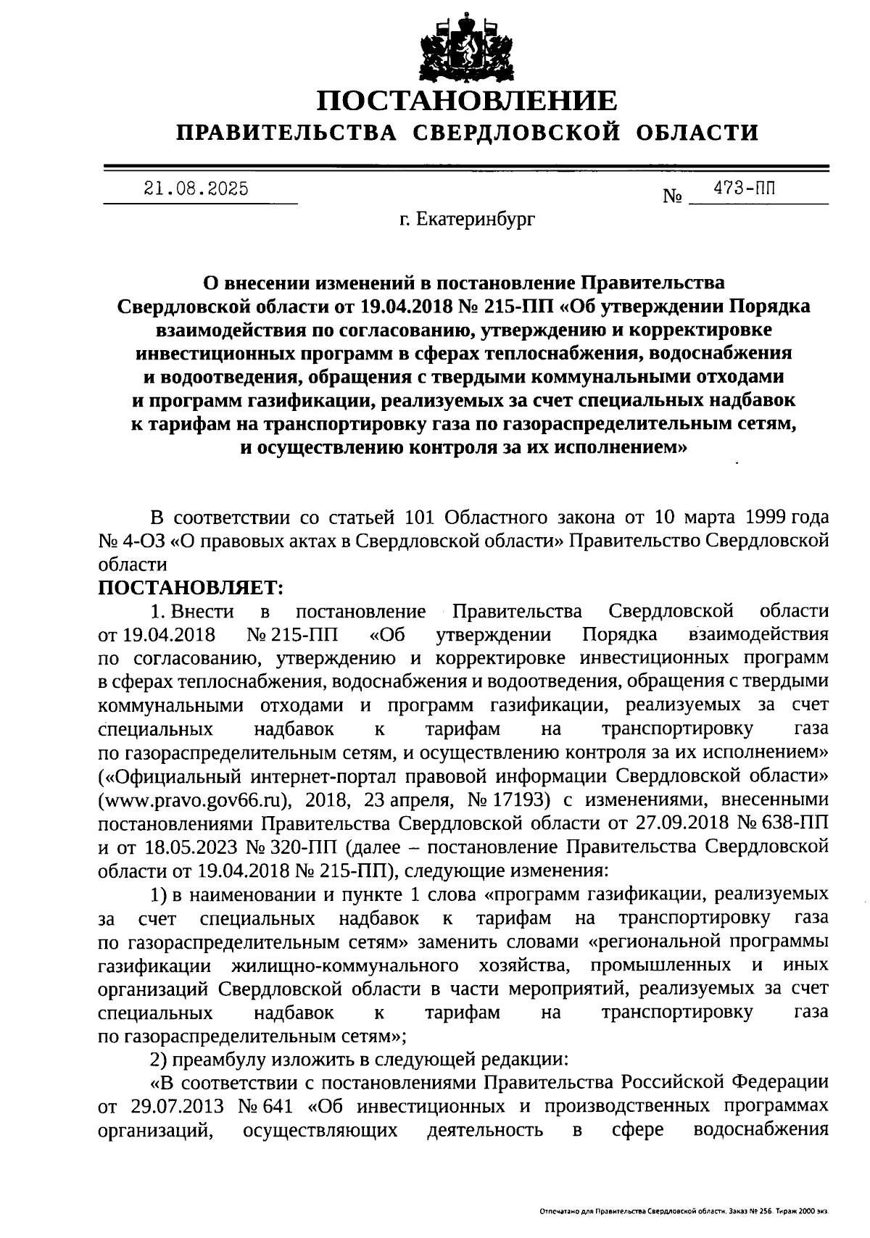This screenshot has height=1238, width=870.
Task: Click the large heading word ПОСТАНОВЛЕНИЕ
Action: coord(468,101)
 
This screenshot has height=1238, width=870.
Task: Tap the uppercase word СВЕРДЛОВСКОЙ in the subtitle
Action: coord(519,133)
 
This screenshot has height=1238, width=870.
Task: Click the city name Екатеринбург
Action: coord(476,217)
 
